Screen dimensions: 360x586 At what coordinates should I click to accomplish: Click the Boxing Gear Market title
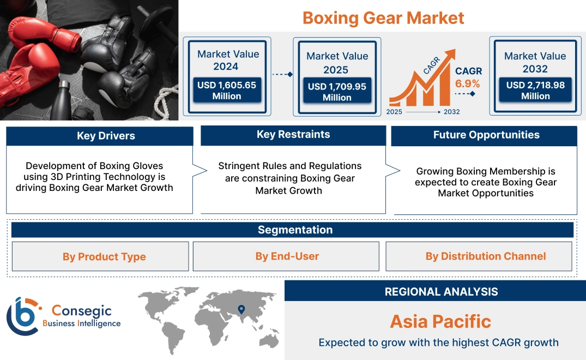383,17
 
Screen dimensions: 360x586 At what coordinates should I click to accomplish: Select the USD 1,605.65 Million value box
226,90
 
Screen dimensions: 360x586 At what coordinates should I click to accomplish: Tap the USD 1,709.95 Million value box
337,92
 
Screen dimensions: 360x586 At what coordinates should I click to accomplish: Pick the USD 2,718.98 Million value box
535,90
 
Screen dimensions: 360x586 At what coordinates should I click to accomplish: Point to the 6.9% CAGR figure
468,83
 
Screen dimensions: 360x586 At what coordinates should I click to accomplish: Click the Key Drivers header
106,136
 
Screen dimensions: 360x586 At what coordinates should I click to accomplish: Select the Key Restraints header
293,135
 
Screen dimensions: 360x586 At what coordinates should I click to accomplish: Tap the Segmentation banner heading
295,230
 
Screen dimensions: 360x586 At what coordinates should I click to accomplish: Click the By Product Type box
104,256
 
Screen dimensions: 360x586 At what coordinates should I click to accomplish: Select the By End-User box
287,256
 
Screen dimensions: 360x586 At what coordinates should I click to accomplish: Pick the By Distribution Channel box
485,256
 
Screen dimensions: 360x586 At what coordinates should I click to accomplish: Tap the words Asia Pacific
440,321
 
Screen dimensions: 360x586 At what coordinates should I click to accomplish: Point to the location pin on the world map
240,310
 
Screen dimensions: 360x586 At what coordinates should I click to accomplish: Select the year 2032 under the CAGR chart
451,112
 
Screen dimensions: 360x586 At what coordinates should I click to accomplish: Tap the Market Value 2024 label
228,60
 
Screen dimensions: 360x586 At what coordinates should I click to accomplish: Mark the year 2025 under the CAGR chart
395,112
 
